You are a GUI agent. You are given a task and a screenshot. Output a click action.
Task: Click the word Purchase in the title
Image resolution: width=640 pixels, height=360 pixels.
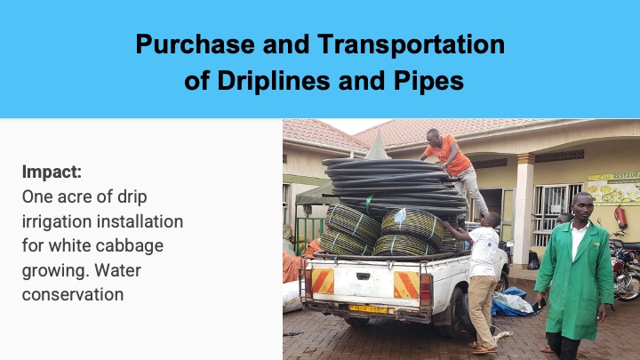(195, 44)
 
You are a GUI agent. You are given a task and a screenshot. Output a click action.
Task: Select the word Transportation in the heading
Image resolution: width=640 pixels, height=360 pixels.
(411, 44)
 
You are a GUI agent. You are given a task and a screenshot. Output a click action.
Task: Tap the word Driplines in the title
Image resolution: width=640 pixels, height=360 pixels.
(274, 80)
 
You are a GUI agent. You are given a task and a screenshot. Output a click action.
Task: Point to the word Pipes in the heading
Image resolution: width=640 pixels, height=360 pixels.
(428, 81)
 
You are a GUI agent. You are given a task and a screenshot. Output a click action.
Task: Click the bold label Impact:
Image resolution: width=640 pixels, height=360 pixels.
(52, 172)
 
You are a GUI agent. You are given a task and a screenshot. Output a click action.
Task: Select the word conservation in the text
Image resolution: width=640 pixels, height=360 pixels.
(73, 295)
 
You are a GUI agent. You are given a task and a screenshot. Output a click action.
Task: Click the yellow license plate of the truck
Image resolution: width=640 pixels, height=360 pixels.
(368, 309)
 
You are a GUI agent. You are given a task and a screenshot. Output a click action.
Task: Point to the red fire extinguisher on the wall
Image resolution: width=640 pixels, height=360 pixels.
(620, 217)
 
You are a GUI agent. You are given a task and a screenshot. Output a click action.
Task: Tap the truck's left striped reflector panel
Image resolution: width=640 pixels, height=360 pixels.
(323, 281)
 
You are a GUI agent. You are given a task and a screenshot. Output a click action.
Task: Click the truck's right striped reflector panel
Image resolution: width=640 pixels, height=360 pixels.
(406, 285)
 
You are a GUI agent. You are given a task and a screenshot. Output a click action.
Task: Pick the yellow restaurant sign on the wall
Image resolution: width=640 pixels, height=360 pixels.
(614, 188)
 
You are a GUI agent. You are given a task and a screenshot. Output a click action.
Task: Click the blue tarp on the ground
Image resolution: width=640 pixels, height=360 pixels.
(511, 302)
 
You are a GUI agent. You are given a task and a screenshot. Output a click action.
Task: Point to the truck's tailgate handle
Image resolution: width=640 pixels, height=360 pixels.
(363, 276)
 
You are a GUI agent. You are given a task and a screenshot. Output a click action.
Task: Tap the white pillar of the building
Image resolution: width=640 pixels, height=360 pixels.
(524, 209)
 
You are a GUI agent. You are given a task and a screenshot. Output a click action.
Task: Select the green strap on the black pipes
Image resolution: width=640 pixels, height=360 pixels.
(369, 204)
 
